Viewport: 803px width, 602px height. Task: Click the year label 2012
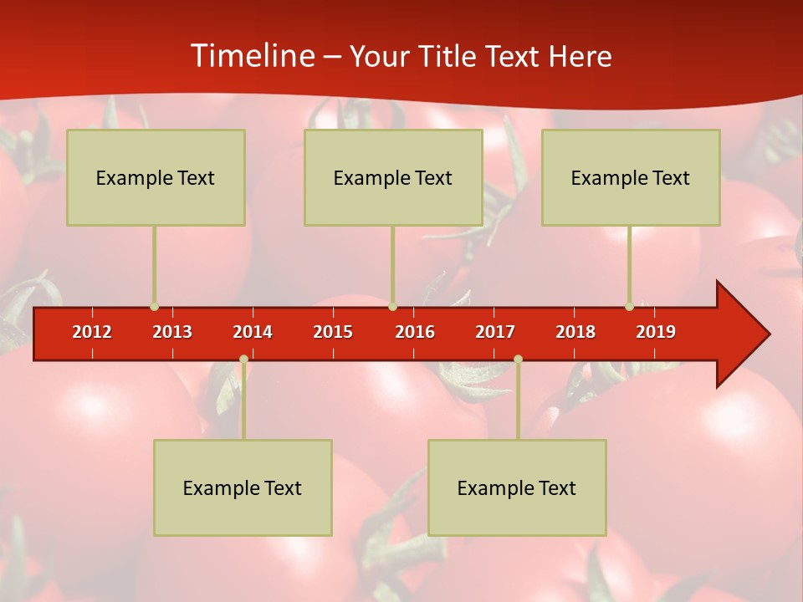(x=92, y=332)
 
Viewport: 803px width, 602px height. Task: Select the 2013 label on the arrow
(x=172, y=332)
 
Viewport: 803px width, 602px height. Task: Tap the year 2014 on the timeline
(x=253, y=332)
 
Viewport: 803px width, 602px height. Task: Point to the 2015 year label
(x=333, y=332)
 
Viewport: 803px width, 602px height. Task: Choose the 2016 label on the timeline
(x=415, y=332)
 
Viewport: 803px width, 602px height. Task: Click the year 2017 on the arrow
(x=495, y=332)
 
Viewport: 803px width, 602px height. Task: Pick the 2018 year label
(x=575, y=332)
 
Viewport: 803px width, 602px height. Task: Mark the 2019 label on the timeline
(x=656, y=332)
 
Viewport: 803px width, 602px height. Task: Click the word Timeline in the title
(x=251, y=56)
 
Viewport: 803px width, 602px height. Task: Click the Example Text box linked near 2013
(x=156, y=177)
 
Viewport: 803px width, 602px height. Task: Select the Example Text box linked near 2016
(x=393, y=177)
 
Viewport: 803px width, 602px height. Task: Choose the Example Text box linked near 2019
(x=631, y=177)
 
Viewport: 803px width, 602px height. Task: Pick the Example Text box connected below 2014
(x=243, y=487)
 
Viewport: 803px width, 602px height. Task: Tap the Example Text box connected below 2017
(x=517, y=487)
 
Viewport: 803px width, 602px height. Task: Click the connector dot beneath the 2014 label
(x=243, y=360)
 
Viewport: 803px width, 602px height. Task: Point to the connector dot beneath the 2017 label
(x=518, y=360)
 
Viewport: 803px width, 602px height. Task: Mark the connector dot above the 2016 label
(x=392, y=307)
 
